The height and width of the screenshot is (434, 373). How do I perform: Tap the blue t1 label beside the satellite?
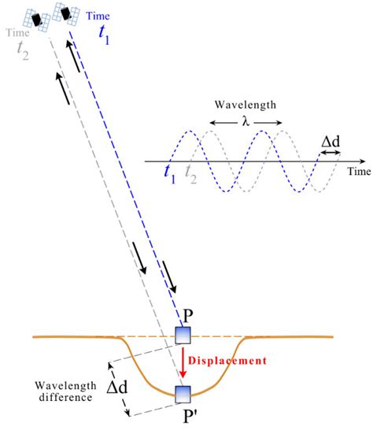[x=105, y=31]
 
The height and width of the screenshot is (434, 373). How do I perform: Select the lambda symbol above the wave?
[x=245, y=122]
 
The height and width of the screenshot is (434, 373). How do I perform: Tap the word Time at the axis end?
[x=359, y=169]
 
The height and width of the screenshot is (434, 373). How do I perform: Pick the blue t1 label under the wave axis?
[x=168, y=176]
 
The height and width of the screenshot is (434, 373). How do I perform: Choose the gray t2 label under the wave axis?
[x=190, y=176]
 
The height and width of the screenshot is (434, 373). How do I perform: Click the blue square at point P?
[x=183, y=337]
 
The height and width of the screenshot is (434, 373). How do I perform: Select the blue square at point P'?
[x=183, y=393]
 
